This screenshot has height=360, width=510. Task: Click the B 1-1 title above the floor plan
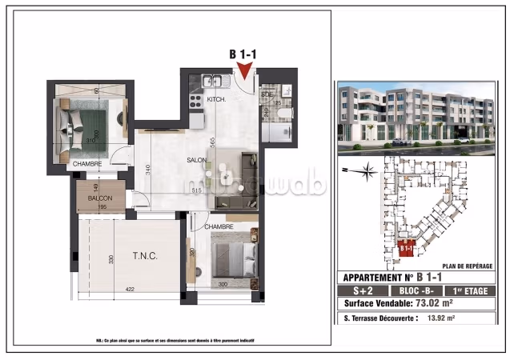pyautogui.click(x=242, y=54)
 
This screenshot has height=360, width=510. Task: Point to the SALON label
pyautogui.click(x=198, y=160)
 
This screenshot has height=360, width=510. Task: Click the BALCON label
pyautogui.click(x=100, y=198)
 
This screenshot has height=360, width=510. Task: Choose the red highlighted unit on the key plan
pyautogui.click(x=406, y=249)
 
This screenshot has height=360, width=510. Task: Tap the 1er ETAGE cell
pyautogui.click(x=473, y=290)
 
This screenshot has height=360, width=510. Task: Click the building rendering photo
pyautogui.click(x=416, y=116)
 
